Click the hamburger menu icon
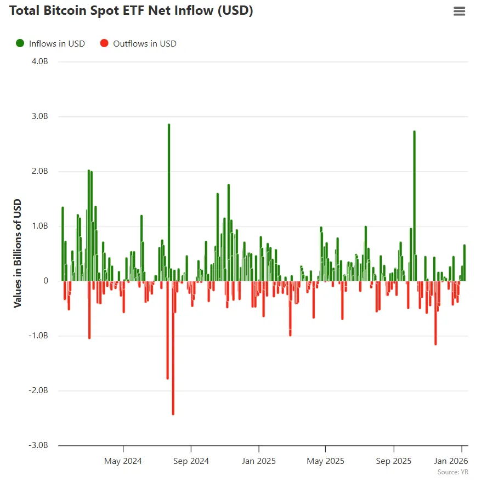click(459, 11)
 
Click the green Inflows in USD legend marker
click(20, 43)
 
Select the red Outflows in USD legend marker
click(104, 43)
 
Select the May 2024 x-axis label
click(123, 461)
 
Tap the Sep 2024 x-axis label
click(190, 461)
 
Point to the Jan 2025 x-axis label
click(258, 461)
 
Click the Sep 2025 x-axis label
click(394, 461)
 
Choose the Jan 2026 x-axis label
click(451, 461)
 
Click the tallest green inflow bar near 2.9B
click(169, 203)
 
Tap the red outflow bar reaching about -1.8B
click(168, 329)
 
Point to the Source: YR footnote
click(452, 472)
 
